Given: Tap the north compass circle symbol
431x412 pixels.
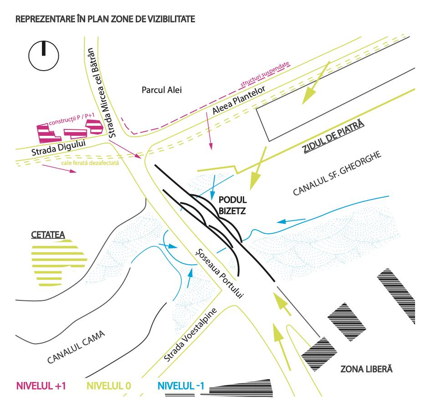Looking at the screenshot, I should click(43, 56).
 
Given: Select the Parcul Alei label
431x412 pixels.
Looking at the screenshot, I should click(162, 90).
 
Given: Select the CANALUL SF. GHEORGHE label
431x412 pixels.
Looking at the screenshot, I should click(336, 175).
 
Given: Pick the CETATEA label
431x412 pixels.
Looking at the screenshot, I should click(48, 235).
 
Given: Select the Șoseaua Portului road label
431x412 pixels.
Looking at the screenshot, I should click(220, 274).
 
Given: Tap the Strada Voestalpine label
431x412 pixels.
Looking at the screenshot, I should click(191, 335).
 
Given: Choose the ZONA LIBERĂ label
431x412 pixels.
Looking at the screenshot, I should click(367, 368).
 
